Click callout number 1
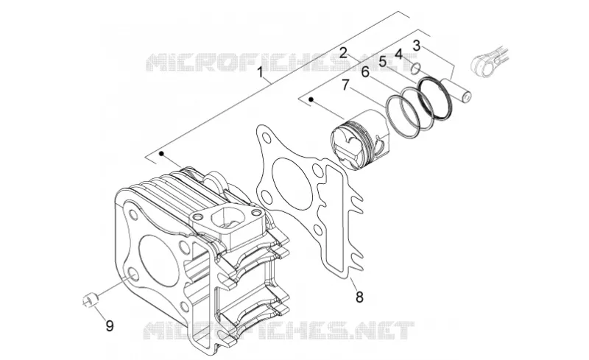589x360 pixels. pyautogui.click(x=260, y=71)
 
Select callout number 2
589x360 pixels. pyautogui.click(x=343, y=52)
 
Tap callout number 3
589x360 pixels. pyautogui.click(x=416, y=46)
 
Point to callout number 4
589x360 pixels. pyautogui.click(x=398, y=54)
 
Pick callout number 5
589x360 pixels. pyautogui.click(x=382, y=61)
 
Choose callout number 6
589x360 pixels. pyautogui.click(x=365, y=71)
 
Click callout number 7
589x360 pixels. pyautogui.click(x=346, y=85)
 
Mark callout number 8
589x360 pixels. pyautogui.click(x=359, y=297)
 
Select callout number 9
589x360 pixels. pyautogui.click(x=109, y=325)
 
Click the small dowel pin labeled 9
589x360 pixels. pyautogui.click(x=90, y=300)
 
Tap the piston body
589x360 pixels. pyautogui.click(x=360, y=139)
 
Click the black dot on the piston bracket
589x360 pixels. pyautogui.click(x=311, y=99)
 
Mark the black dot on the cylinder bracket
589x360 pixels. pyautogui.click(x=162, y=153)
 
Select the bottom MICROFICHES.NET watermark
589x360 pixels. pyautogui.click(x=278, y=331)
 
